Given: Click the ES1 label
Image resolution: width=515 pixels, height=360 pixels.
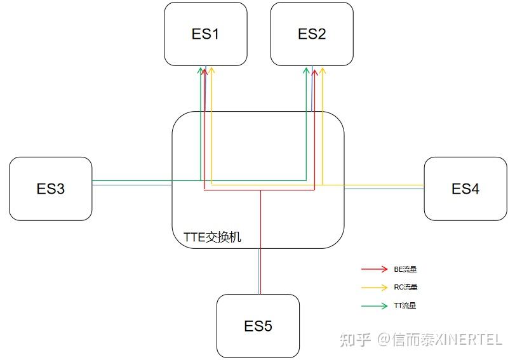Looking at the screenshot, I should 205,34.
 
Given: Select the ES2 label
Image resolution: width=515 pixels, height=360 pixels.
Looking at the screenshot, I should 312,34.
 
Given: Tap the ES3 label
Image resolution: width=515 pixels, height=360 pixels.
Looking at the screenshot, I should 51,189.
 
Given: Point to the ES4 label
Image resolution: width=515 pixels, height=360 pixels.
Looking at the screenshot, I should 465,189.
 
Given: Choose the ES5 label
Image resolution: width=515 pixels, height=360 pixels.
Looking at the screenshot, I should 258,326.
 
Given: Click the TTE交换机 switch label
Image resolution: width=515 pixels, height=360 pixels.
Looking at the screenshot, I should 208,237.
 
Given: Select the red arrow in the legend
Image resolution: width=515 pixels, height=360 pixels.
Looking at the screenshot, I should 374,269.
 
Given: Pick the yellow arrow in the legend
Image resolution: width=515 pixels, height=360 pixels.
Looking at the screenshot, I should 374,287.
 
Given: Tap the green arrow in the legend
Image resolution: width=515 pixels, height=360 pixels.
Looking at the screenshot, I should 374,305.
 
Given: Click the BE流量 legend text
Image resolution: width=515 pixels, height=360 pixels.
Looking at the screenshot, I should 405,269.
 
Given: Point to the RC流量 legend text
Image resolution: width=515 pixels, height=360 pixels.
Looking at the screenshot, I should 405,287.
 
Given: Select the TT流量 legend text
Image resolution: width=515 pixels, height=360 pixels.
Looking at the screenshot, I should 405,305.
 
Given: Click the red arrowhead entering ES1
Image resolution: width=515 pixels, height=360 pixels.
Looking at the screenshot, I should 204,72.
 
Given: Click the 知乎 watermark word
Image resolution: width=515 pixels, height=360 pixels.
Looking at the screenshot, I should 356,340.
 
